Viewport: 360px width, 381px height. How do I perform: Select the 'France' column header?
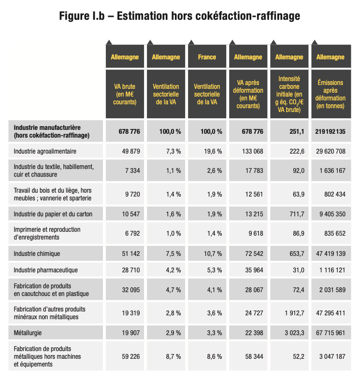pos(207,57)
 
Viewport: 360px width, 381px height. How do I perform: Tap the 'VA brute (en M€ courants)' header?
pos(125,94)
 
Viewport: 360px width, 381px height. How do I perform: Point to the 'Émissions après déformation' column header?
pos(331,94)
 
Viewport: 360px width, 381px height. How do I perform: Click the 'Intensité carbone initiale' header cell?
pos(289,94)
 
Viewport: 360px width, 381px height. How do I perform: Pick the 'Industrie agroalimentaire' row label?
pos(45,151)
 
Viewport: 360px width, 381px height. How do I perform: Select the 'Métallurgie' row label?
pos(28,333)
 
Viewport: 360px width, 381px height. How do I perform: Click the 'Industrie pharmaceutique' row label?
pos(46,270)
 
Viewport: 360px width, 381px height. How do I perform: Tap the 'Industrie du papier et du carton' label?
pos(53,214)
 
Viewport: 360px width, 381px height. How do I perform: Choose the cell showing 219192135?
pos(331,131)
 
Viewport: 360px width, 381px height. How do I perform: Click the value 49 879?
pos(131,151)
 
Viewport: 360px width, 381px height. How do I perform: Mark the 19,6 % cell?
pos(213,151)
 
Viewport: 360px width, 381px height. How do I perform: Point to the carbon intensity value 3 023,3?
pos(294,333)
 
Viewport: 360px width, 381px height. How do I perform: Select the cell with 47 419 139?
pos(331,254)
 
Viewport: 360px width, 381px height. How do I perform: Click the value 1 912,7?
pos(294,313)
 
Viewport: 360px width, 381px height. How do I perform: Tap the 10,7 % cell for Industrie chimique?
pos(213,254)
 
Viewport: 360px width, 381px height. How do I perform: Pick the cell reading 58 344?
pos(254,356)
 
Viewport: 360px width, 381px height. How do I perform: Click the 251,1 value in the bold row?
pos(297,131)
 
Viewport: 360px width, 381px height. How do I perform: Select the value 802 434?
pos(335,194)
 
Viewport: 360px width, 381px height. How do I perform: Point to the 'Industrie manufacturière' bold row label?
pos(52,131)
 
